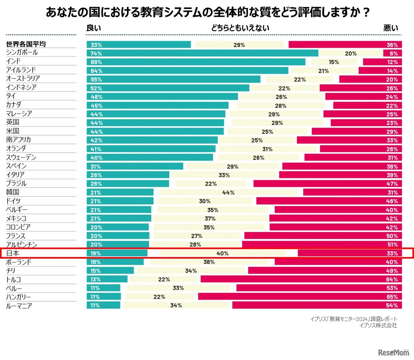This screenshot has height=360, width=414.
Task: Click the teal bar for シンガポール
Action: coord(202,53)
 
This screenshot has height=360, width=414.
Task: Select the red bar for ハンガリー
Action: coord(300,297)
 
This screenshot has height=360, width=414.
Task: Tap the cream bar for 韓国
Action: coord(228,192)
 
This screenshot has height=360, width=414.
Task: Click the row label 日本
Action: coord(13,253)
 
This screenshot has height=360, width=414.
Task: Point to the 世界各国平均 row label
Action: coord(26,44)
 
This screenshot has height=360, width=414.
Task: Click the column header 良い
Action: coord(93,28)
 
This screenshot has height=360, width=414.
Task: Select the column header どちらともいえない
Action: coord(240,28)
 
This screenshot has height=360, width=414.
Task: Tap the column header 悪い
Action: coord(391,28)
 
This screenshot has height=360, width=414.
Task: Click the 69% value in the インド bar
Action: coord(96,62)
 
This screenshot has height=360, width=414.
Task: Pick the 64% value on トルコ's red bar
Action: coord(392,279)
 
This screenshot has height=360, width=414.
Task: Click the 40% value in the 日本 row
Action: coord(223,253)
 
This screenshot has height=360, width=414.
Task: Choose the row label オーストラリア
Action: coord(23,78)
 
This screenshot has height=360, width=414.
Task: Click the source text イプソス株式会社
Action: coord(378,325)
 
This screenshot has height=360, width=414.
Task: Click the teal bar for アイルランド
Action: coord(187,71)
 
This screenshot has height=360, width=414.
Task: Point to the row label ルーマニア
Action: coord(19,306)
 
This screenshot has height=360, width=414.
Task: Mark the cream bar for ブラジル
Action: coord(211,184)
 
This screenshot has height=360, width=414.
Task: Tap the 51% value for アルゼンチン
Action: coord(392,244)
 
